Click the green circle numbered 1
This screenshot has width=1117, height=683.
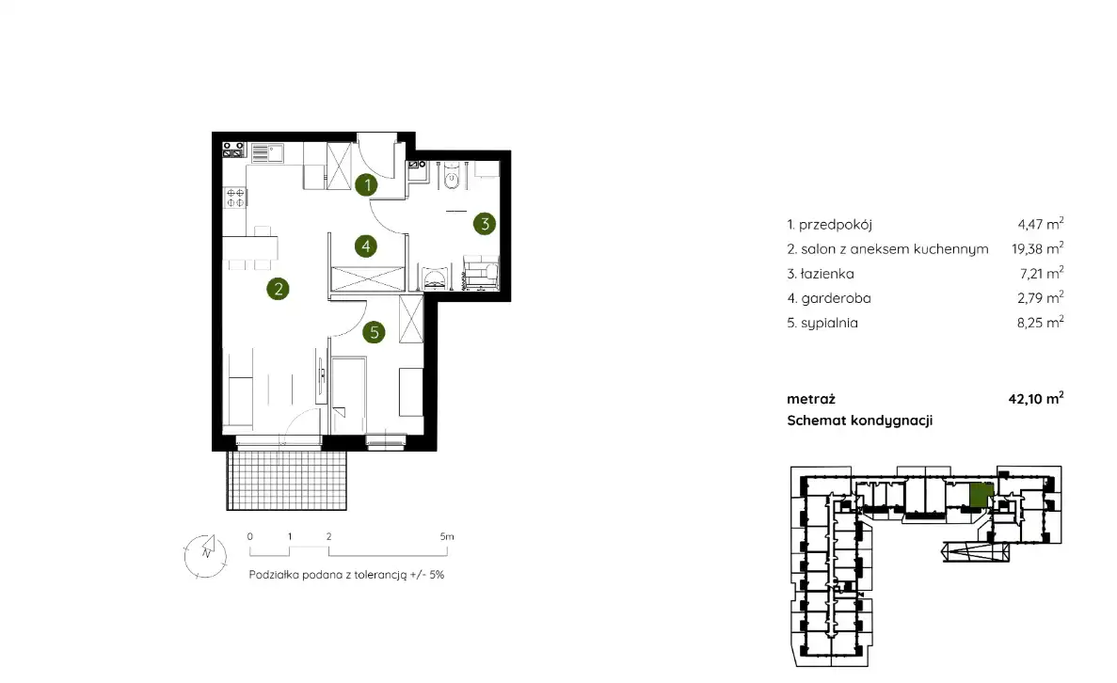coord(367,185)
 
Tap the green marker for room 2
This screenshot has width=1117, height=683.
coord(278,289)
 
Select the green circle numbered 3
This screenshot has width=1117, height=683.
coord(485,224)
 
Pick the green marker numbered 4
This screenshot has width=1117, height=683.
coord(365,246)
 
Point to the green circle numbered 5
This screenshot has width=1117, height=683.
coord(374,332)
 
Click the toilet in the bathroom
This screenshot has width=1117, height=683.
coord(452,177)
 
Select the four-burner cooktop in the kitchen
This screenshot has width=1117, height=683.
coord(235,198)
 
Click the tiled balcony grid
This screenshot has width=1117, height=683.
coord(286,480)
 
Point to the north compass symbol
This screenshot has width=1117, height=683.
coord(205,555)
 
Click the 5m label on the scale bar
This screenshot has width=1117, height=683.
coord(447,536)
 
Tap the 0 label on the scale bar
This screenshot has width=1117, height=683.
coord(250,536)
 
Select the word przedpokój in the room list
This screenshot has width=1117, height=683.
coord(836,225)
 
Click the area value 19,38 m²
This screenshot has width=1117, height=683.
coord(1037,248)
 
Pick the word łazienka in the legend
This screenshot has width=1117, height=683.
coord(827,274)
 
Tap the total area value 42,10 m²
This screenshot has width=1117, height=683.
coord(1036,398)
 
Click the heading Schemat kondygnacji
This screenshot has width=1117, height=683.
coord(860,421)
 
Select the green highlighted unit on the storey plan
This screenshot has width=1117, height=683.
coord(981,494)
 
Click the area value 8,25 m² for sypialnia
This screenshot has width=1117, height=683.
coord(1040,323)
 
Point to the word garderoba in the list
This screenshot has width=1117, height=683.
coord(836,298)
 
